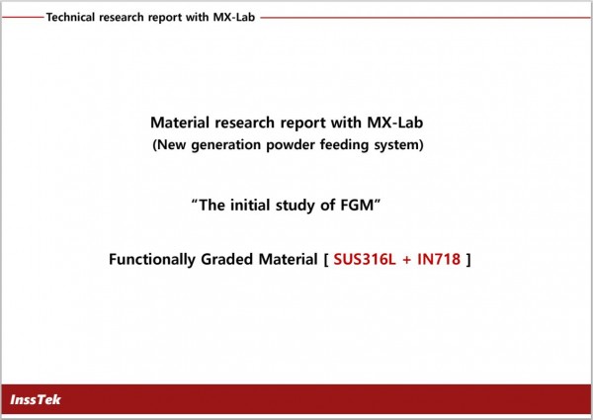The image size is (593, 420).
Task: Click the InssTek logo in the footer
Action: (x=36, y=399)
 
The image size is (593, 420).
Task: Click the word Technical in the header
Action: (x=70, y=17)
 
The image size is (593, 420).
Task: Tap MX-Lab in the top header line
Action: (x=233, y=17)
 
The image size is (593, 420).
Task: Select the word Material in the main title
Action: (x=180, y=123)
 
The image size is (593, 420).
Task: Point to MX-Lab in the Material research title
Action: (x=394, y=123)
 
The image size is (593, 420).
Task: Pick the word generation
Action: (x=226, y=145)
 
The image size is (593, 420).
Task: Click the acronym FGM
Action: (x=357, y=206)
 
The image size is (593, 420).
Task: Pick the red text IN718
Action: (x=439, y=259)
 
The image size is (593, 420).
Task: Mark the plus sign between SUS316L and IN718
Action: (x=406, y=260)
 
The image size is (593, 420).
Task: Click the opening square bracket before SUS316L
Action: (x=326, y=260)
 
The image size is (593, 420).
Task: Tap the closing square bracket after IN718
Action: (x=468, y=260)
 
